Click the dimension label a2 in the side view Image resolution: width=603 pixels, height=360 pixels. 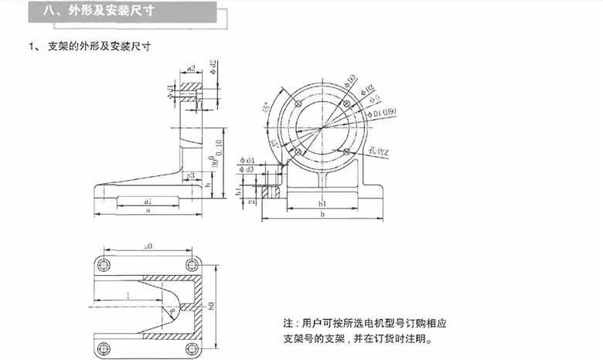coord(191,68)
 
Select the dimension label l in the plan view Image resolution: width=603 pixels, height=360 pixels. coord(126,296)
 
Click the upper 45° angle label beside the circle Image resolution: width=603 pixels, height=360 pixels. coord(267,107)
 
